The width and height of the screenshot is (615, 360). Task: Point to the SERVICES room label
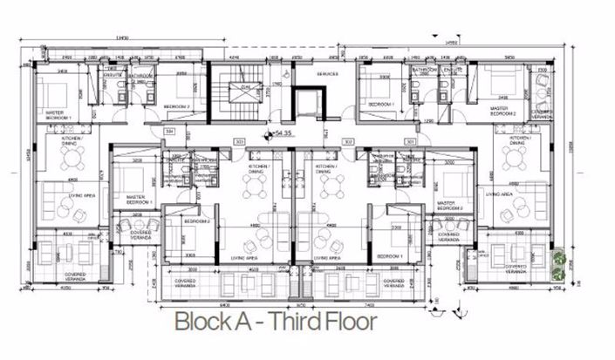click(x=328, y=73)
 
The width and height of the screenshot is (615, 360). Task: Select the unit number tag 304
click(x=170, y=132)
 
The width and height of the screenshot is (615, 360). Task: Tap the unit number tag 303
click(x=238, y=140)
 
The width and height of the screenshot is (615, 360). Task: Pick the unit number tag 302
click(x=347, y=140)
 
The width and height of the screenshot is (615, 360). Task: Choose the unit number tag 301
click(x=409, y=140)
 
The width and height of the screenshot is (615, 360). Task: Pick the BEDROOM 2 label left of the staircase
click(x=177, y=106)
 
